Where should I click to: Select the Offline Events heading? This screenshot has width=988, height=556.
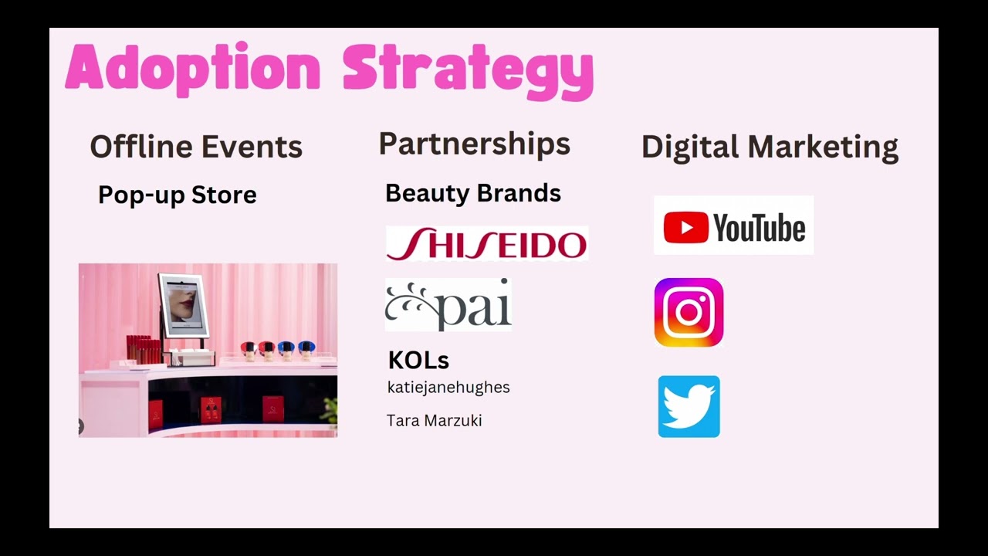click(x=196, y=146)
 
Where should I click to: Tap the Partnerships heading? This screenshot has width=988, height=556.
click(x=474, y=144)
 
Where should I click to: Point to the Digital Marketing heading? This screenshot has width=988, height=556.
click(x=770, y=147)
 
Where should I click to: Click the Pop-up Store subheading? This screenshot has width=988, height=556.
click(x=177, y=195)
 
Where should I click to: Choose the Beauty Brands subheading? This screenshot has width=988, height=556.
click(x=472, y=193)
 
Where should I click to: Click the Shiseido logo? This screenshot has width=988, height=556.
click(x=486, y=243)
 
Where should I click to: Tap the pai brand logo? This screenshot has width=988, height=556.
click(x=448, y=305)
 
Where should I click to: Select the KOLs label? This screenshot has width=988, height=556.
click(x=418, y=360)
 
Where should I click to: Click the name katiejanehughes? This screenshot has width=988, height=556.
click(x=448, y=387)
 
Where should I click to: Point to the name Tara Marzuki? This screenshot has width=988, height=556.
click(x=434, y=420)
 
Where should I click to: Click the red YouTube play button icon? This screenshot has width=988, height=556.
click(x=685, y=228)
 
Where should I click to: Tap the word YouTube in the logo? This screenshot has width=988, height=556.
click(x=759, y=228)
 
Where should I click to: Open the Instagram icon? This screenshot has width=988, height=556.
click(x=689, y=313)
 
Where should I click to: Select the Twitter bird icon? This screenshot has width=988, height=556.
click(x=689, y=407)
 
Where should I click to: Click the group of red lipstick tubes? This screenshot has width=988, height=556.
click(x=143, y=348)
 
